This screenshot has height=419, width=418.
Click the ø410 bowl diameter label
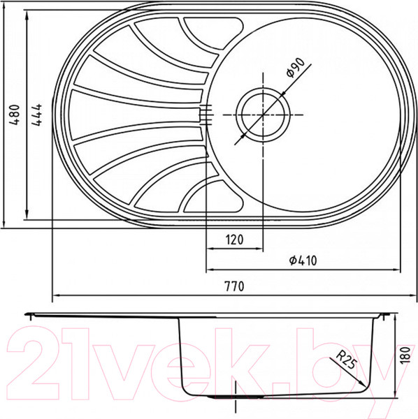[x=302, y=261]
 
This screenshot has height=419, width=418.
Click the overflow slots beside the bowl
[x=204, y=115]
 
